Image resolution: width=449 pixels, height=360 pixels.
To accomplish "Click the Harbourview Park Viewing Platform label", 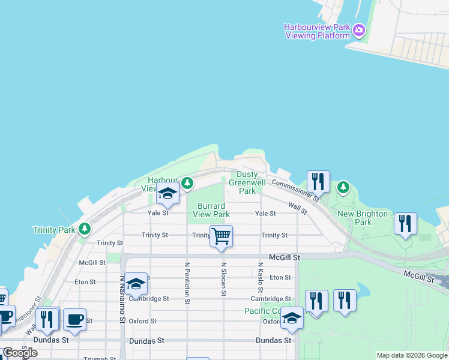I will (317, 32).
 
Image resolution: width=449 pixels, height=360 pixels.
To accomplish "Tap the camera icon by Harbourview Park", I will (358, 29).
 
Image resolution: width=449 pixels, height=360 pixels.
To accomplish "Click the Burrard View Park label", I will (211, 210).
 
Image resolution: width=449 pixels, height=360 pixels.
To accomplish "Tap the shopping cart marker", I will (221, 236).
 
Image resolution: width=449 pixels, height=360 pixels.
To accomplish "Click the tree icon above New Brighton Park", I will (343, 187).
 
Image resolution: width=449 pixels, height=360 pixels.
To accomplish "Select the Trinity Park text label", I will (55, 230).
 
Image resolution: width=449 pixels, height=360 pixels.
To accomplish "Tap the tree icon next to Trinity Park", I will (85, 228).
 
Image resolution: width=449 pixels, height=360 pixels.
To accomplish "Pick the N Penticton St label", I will (187, 283).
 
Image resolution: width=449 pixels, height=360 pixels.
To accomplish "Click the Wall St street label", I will (297, 208).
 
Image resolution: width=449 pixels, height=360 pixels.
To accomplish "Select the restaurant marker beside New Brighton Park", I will (406, 224).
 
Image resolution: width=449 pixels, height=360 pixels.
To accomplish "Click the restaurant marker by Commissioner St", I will (318, 182).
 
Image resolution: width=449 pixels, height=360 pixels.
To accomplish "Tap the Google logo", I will (20, 353).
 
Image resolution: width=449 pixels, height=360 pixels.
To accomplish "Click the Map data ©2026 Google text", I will (412, 355).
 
